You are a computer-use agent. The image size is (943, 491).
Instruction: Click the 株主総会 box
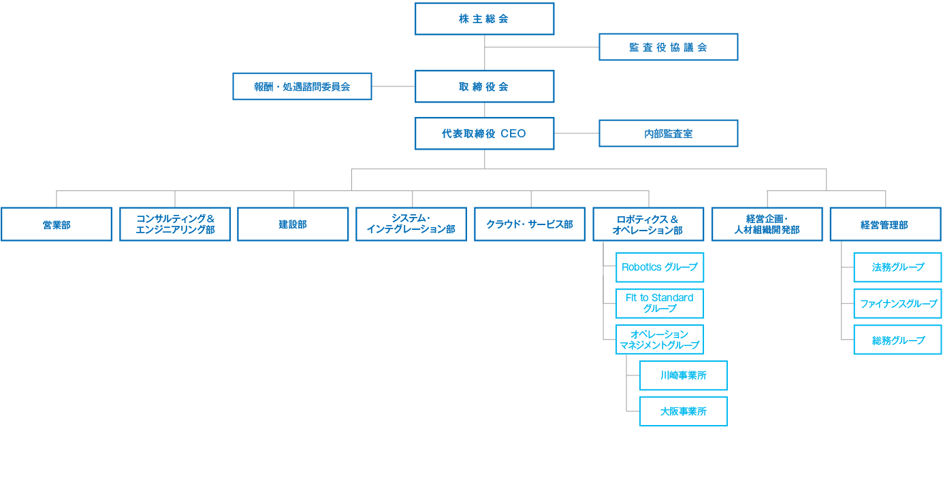click(x=484, y=19)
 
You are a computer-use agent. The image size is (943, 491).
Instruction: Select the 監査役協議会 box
click(x=668, y=47)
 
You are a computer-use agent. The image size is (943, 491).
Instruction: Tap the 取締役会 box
click(x=484, y=86)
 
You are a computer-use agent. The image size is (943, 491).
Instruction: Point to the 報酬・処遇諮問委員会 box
click(x=302, y=86)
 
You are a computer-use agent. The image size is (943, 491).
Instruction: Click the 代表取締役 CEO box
click(x=484, y=133)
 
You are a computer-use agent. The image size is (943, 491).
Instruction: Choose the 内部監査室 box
click(x=668, y=133)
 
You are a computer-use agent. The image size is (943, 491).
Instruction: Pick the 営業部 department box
click(x=57, y=224)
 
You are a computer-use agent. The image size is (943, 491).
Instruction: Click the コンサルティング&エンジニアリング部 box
click(x=175, y=224)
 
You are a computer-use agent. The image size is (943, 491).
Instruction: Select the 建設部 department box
click(x=293, y=224)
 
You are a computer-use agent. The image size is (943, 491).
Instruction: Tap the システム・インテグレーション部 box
click(x=411, y=224)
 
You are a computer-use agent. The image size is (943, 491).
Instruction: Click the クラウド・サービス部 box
click(x=530, y=224)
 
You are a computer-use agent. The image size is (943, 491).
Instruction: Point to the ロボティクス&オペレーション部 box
click(x=648, y=224)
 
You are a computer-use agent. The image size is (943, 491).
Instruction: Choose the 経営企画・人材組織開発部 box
click(x=767, y=224)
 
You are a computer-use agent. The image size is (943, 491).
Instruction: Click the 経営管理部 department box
click(x=885, y=224)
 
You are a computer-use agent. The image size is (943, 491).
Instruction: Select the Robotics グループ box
click(x=659, y=267)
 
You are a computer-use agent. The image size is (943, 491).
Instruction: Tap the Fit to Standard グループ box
click(x=659, y=303)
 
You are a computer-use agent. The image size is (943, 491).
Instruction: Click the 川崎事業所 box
click(x=683, y=375)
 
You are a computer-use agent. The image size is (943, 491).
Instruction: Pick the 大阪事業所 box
click(x=683, y=411)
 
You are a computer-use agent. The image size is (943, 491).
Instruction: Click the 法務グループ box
click(x=897, y=267)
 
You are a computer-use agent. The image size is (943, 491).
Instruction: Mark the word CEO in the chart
click(x=513, y=134)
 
